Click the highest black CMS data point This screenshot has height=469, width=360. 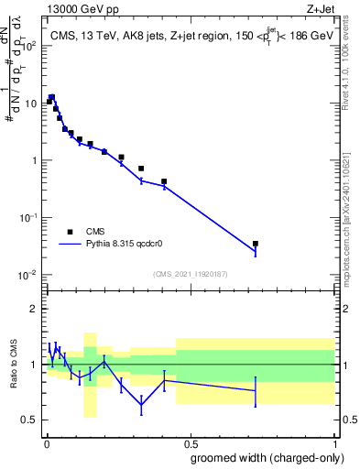pos(52,97)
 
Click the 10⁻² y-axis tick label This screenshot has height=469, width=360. pos(27,275)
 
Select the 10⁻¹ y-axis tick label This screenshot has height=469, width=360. pos(27,218)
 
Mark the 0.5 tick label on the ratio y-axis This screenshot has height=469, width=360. pos(30,420)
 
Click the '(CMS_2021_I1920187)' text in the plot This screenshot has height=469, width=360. pos(190,274)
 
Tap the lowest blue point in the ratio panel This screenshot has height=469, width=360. pos(141,405)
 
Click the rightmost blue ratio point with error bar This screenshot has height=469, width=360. pos(256,391)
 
